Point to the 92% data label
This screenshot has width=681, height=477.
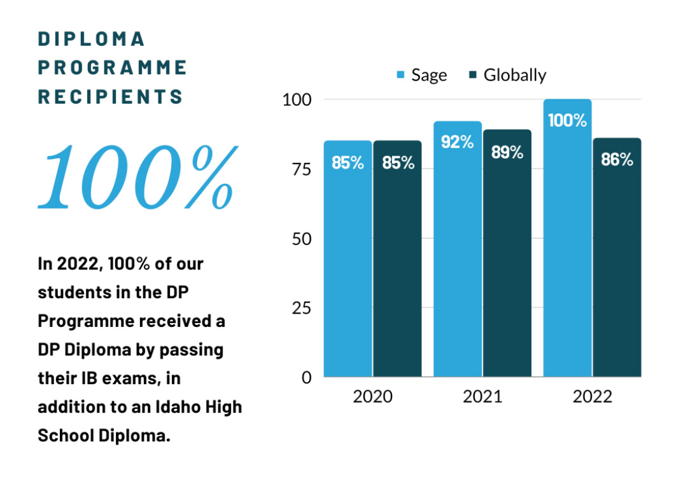[x=458, y=142]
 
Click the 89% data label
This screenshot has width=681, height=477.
[x=507, y=152]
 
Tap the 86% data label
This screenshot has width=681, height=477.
[x=617, y=160]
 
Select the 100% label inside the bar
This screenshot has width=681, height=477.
[x=567, y=120]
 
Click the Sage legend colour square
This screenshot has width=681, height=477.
[x=401, y=75]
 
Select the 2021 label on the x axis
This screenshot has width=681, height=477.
[x=482, y=397]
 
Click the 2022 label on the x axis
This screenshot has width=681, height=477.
[x=592, y=397]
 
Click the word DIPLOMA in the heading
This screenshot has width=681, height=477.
[x=92, y=39]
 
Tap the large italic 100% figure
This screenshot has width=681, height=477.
[x=137, y=175]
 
